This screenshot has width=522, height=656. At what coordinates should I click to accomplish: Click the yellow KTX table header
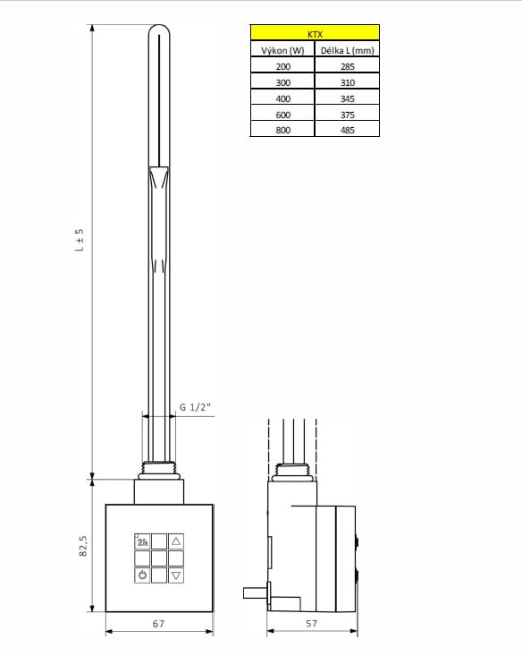point(315,32)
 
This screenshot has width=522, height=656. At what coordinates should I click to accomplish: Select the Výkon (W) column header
point(282,51)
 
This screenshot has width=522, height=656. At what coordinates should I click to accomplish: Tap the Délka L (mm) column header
point(347,51)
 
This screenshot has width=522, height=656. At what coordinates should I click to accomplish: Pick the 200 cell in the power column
point(282,66)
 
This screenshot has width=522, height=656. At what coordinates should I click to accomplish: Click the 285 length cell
point(347,66)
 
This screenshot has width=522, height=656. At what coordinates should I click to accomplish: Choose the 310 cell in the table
point(347,82)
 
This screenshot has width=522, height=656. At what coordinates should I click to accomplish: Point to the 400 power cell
point(282,98)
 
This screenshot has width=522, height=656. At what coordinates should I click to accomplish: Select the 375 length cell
point(347,115)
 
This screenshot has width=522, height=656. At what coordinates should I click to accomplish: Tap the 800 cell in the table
point(282,130)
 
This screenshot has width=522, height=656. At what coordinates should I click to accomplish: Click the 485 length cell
point(347,130)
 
